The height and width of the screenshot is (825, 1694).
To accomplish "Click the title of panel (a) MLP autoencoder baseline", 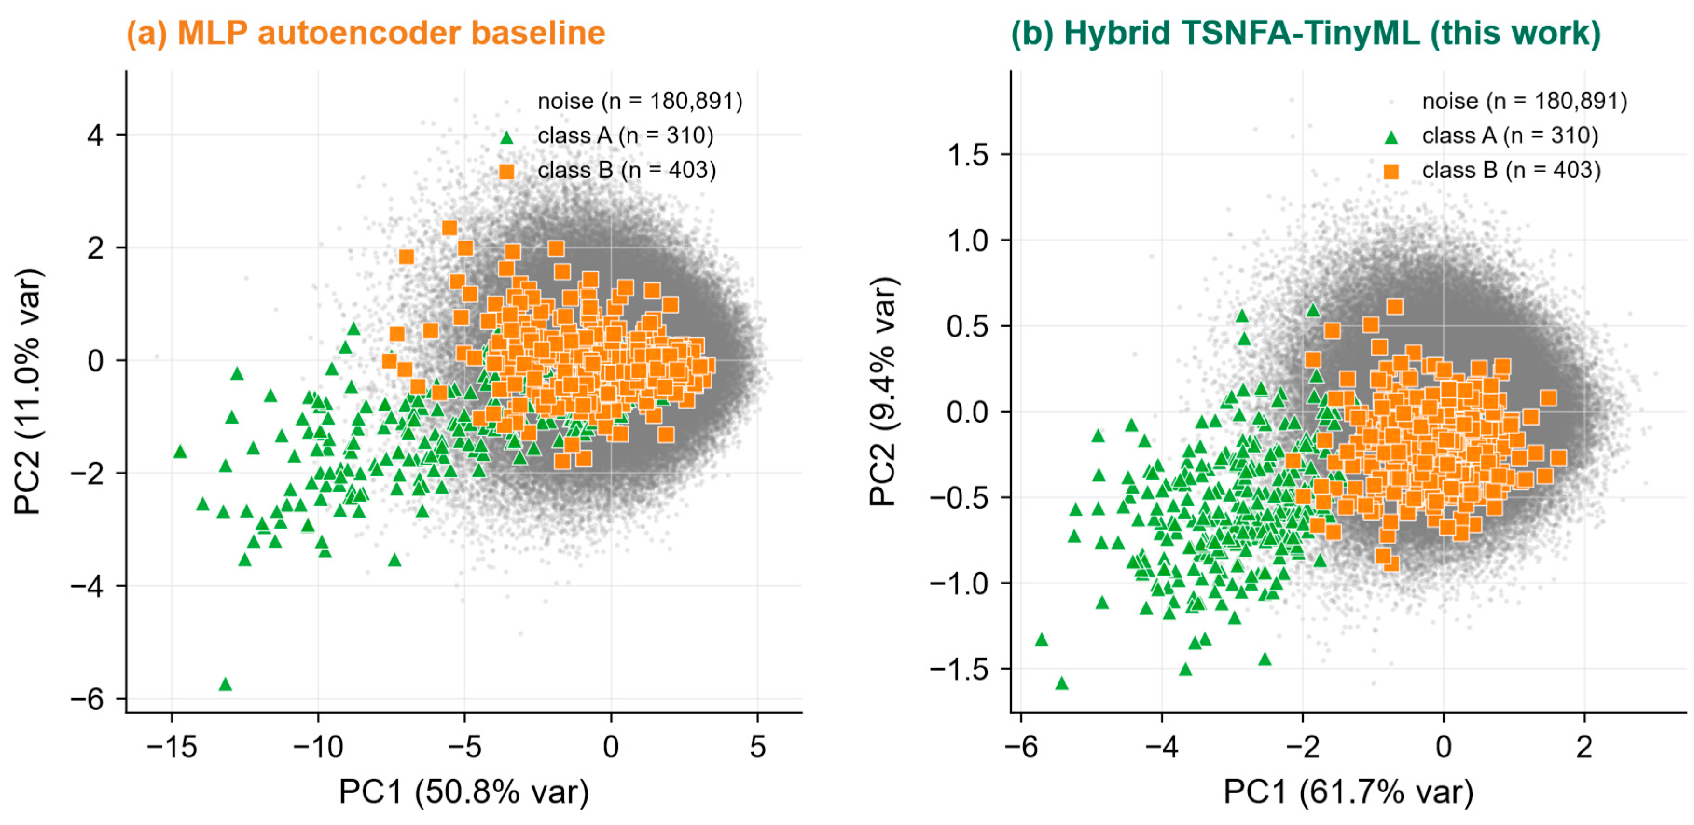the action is point(366,33).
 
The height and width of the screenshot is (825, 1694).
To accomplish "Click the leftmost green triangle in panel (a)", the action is point(180,452).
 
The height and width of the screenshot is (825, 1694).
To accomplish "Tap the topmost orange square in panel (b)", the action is point(1395,306).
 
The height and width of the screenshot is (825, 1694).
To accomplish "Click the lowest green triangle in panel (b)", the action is point(1061,684).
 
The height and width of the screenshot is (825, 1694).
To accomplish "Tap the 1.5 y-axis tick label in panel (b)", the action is point(968,155).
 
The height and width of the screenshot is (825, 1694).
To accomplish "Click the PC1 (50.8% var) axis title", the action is point(463,792).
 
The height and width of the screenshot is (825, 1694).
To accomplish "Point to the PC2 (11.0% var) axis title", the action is point(29,392).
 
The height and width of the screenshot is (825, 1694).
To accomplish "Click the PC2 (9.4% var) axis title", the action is point(883,392).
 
